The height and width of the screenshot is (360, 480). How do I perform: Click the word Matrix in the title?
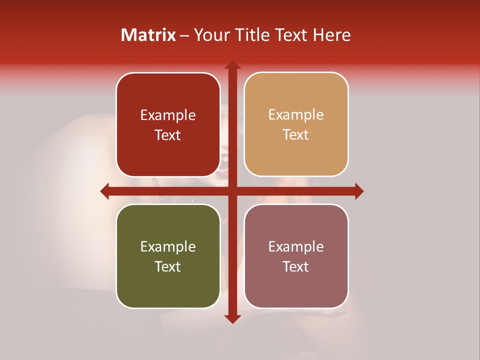point(148,35)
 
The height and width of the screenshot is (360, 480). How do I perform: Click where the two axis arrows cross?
point(232,191)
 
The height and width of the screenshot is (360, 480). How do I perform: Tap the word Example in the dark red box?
point(168,115)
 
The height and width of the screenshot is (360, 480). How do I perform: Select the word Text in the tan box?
point(296,135)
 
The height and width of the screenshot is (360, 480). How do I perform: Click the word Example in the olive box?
point(168,246)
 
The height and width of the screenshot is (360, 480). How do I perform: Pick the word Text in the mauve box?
point(296,266)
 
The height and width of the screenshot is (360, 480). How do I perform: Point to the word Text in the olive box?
point(168,266)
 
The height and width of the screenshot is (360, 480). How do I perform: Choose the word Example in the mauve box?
point(296,246)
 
